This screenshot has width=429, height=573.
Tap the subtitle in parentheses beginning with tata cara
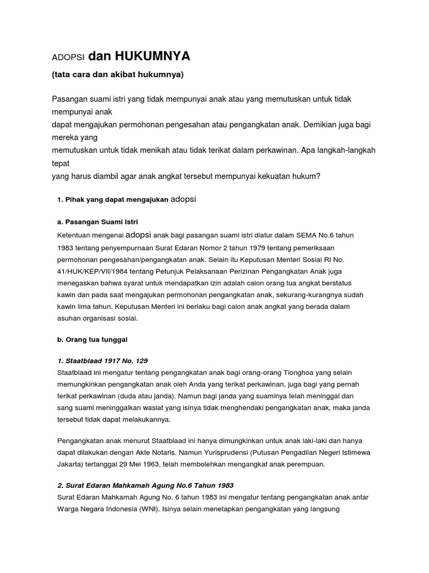tap(117, 74)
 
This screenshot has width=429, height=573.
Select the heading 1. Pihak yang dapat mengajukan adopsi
tap(128, 199)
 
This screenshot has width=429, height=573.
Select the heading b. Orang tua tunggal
tap(93, 339)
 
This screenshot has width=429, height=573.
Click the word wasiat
tap(154, 408)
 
